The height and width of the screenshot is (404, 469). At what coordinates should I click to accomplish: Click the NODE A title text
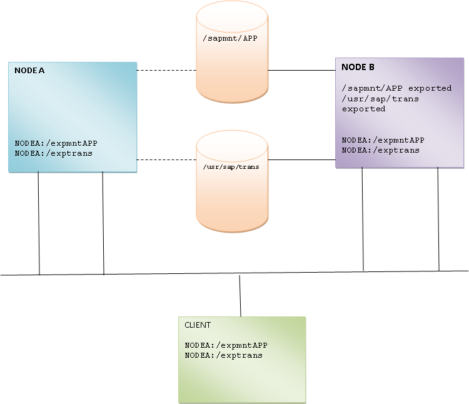[x=29, y=71]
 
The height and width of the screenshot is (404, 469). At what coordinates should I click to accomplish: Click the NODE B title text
[x=358, y=67]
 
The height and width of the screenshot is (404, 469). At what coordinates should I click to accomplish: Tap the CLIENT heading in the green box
[x=198, y=325]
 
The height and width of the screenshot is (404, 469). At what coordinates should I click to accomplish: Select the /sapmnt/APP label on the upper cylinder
[x=231, y=39]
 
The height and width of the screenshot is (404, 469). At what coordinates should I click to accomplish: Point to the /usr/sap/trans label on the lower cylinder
[x=231, y=167]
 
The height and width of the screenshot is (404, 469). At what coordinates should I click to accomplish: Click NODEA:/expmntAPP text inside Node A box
[x=56, y=143]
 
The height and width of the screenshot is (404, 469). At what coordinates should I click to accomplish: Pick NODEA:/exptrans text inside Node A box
[x=54, y=153]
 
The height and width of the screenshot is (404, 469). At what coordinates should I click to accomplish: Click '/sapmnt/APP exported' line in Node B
[x=396, y=88]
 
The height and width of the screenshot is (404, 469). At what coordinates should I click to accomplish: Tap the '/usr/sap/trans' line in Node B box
[x=380, y=99]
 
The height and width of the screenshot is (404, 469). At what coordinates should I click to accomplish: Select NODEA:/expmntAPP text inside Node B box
[x=383, y=140]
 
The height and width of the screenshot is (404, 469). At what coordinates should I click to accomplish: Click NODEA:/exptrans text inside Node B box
[x=381, y=150]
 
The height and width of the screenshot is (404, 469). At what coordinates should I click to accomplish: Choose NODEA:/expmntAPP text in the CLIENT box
[x=226, y=345]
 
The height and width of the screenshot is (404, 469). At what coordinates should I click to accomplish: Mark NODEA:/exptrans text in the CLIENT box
[x=224, y=355]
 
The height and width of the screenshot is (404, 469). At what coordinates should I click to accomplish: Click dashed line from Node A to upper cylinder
[x=166, y=71]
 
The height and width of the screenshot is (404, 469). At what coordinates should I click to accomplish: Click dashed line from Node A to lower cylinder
[x=166, y=159]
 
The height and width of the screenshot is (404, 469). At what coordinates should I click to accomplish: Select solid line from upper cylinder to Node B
[x=301, y=71]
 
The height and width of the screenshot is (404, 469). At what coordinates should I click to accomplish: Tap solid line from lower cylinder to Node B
[x=301, y=159]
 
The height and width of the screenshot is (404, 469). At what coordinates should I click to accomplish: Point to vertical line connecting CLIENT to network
[x=240, y=296]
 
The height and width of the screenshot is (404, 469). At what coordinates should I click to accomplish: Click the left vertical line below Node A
[x=39, y=223]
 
